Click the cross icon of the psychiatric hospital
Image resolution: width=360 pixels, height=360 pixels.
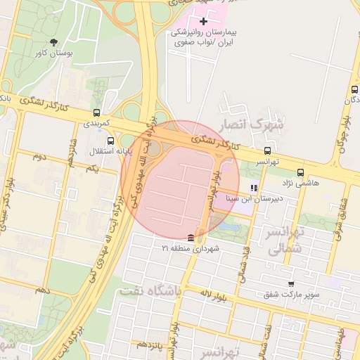click(204, 22)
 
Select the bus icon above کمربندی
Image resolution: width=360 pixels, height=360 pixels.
click(96, 112)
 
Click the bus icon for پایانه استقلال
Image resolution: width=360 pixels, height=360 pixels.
click(110, 141)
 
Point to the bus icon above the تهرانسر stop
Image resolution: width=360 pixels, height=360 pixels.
click(266, 150)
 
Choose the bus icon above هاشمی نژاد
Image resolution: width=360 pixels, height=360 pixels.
click(301, 172)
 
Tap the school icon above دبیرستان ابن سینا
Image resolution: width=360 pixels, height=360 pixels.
click(254, 188)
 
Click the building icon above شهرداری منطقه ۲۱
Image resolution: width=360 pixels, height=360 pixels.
click(191, 238)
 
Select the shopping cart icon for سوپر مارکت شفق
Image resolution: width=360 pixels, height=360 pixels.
click(290, 284)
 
